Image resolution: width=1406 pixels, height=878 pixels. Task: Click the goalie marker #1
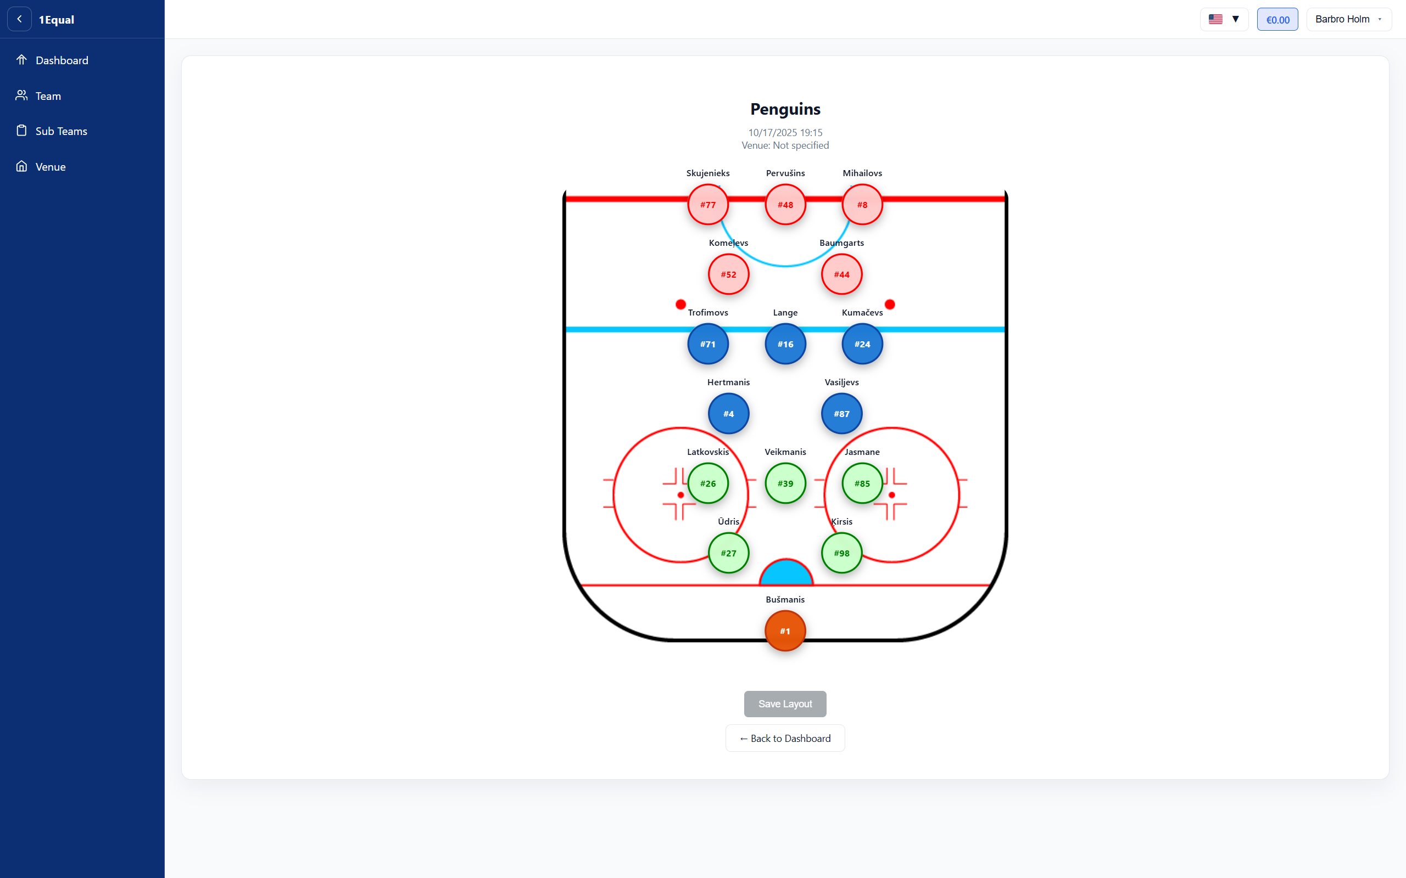tap(785, 631)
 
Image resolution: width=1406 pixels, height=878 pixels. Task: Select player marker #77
tap(707, 204)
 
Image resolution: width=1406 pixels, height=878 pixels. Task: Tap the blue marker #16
tap(785, 344)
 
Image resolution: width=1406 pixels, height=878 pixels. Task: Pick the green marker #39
tap(785, 483)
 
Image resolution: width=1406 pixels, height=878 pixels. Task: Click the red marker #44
tap(841, 274)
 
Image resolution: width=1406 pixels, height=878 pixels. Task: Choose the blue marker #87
tap(841, 413)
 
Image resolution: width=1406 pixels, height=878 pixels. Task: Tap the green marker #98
tap(841, 553)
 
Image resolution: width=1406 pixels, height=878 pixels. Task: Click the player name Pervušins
tap(785, 173)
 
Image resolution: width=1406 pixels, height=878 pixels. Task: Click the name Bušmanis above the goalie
tap(785, 599)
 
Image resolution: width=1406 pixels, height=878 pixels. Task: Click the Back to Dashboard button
tap(785, 738)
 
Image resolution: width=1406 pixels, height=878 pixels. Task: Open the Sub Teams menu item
tap(61, 131)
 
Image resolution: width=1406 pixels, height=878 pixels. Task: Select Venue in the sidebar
tap(51, 167)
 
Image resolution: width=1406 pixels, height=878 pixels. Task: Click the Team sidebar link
tap(48, 96)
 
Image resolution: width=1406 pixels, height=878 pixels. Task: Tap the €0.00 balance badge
tap(1277, 19)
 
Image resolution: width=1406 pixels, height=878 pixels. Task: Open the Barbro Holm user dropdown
tap(1348, 19)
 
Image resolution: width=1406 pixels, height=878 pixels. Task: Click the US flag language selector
tap(1224, 19)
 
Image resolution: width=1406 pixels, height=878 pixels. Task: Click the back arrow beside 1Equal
tap(19, 19)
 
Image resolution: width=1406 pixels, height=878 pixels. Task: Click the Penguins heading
tap(785, 109)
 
